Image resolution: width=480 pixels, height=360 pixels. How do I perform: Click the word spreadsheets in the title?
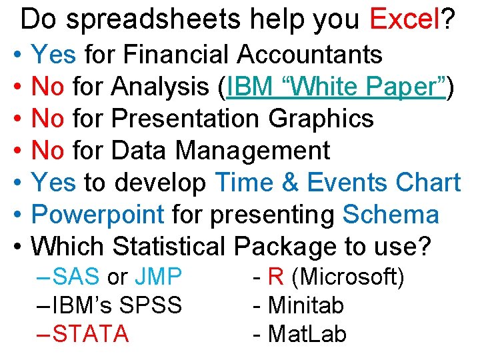153,20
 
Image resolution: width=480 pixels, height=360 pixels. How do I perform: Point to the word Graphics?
321,118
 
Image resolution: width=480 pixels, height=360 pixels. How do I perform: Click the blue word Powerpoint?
98,215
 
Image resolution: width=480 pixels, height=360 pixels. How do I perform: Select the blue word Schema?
391,215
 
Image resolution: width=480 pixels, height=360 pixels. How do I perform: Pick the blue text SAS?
77,276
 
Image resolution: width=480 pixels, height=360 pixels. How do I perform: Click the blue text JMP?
158,276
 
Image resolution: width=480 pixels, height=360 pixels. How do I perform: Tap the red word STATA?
91,333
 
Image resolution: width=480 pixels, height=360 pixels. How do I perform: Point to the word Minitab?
306,305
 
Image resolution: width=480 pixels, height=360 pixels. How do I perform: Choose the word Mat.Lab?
307,333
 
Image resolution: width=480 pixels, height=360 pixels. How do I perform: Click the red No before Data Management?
48,151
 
